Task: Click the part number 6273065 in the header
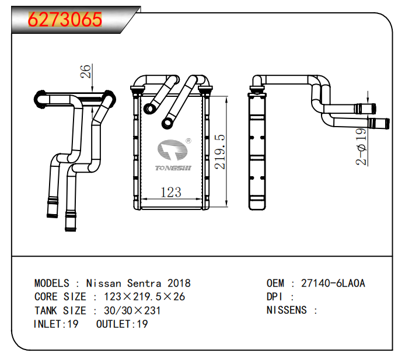pos(65,20)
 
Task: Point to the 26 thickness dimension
pos(86,71)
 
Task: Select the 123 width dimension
pos(170,192)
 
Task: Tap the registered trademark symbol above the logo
pos(188,141)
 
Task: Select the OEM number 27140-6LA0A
pos(333,284)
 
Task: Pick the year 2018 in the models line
pos(177,284)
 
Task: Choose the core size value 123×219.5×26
pos(144,297)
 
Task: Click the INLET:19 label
pos(56,324)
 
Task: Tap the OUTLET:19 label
pos(122,324)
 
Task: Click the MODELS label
pos(52,284)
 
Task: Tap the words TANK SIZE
pos(60,310)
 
